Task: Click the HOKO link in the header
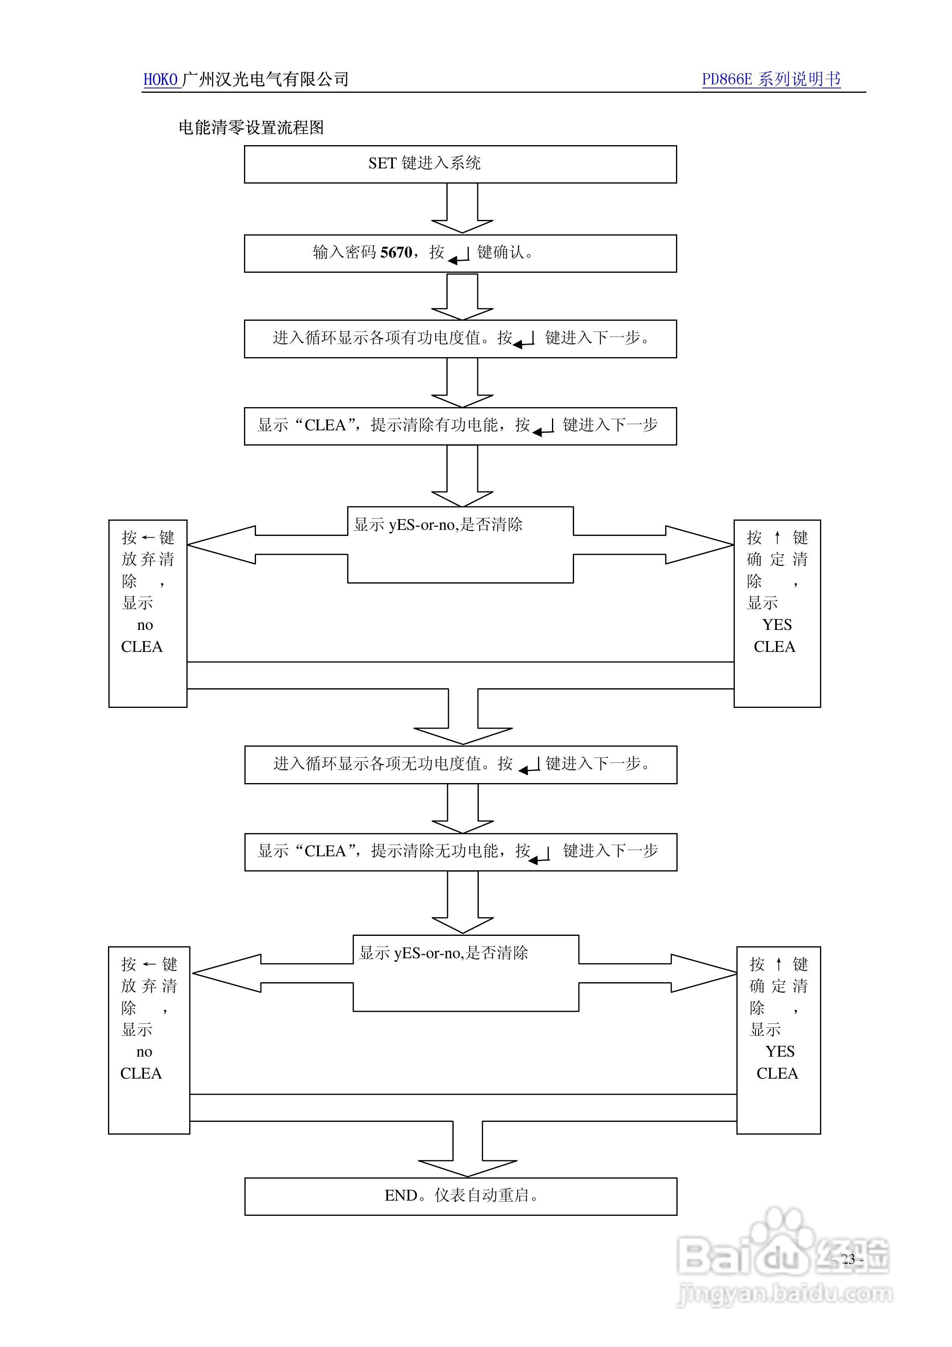pos(160,80)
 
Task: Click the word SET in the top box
pos(382,164)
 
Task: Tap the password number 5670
pos(396,253)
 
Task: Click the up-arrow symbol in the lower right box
pos(778,964)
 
